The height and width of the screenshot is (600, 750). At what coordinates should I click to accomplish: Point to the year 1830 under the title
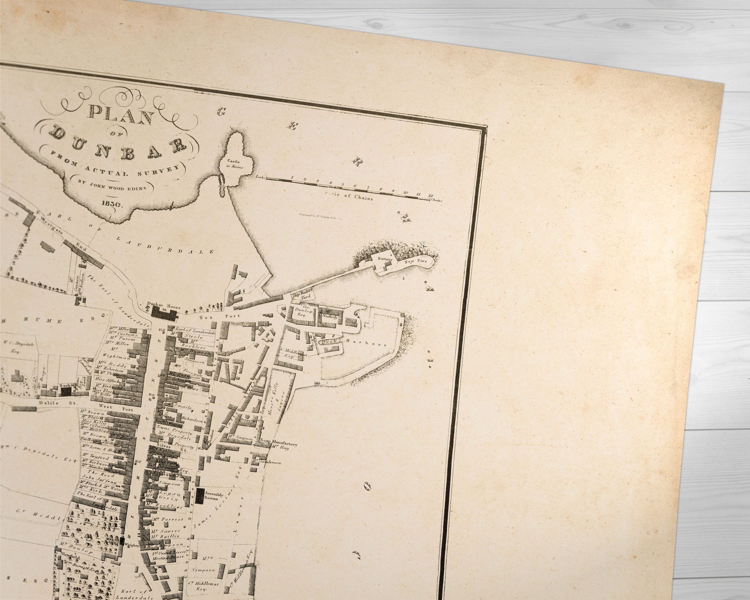pos(112,204)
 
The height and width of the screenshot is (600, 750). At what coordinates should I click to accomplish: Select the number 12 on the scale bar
pos(430,195)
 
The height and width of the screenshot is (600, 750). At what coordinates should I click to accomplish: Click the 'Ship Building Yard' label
pos(302,298)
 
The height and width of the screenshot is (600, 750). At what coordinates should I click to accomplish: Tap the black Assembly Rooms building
pos(200,495)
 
